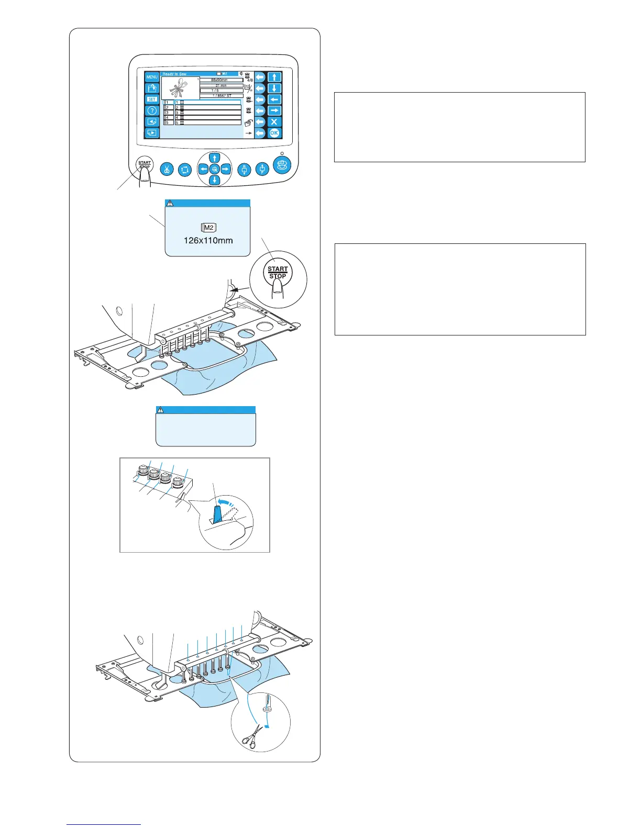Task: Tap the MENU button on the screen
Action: (152, 77)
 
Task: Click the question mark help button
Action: (152, 110)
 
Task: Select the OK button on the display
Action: (274, 133)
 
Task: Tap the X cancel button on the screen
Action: (274, 122)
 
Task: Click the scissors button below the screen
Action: (167, 170)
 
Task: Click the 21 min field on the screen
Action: (221, 85)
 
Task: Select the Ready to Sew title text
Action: (174, 74)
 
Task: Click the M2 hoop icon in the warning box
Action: (208, 228)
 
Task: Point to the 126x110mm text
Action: (208, 241)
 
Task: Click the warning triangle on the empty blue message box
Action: (161, 410)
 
